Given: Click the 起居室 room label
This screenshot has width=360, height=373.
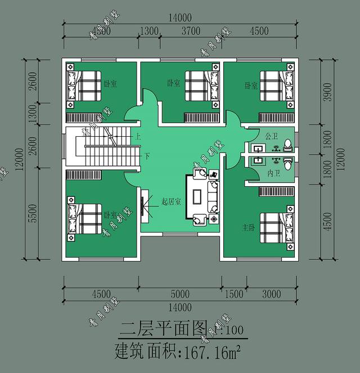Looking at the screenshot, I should [170, 201].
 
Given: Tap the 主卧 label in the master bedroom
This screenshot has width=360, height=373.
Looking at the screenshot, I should [249, 228].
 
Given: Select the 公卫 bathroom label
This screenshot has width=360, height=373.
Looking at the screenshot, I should [272, 136].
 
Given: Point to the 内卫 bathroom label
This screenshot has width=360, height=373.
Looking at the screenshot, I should [274, 173].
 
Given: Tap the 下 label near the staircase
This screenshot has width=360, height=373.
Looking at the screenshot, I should [147, 155].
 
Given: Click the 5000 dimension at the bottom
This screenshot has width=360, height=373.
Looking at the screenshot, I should [180, 294].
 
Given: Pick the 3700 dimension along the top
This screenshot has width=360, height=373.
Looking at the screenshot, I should [191, 32].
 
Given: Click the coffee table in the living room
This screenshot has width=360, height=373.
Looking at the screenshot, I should [198, 196].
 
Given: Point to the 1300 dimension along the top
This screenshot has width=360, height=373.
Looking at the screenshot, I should [148, 32].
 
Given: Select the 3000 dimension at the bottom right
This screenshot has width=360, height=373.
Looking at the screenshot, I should [272, 294].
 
